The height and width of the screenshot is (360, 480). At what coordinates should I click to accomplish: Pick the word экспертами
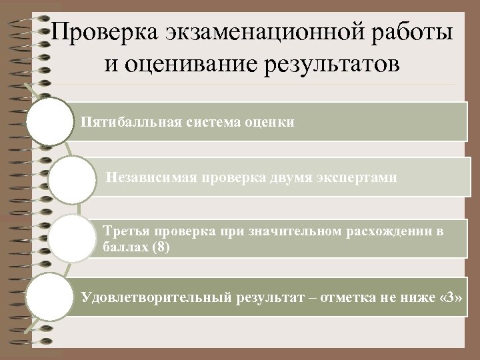[x=358, y=177]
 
